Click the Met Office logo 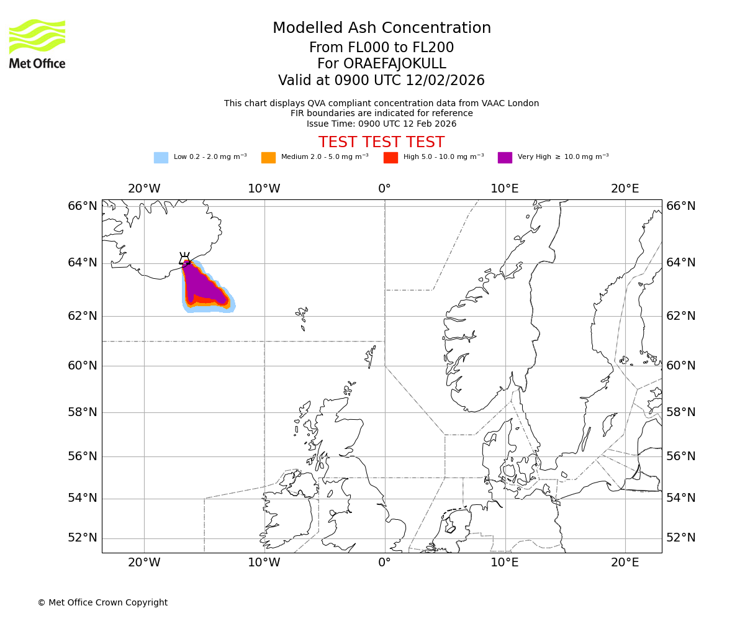click(37, 44)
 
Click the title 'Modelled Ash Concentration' click(382, 29)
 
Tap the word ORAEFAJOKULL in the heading click(382, 64)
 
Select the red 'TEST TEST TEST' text click(382, 143)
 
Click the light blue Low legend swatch click(161, 158)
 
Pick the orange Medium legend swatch click(268, 158)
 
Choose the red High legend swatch click(391, 158)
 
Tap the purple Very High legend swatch click(505, 158)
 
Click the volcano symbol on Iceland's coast click(185, 260)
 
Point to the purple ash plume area click(202, 284)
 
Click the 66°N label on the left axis click(83, 206)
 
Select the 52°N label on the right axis click(681, 538)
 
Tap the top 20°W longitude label click(144, 189)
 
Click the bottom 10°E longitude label click(505, 563)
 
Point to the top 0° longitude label click(385, 189)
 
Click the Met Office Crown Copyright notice click(102, 603)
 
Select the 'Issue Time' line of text click(382, 124)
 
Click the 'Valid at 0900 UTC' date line click(382, 81)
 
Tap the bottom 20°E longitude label click(625, 563)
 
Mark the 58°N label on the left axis click(83, 412)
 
